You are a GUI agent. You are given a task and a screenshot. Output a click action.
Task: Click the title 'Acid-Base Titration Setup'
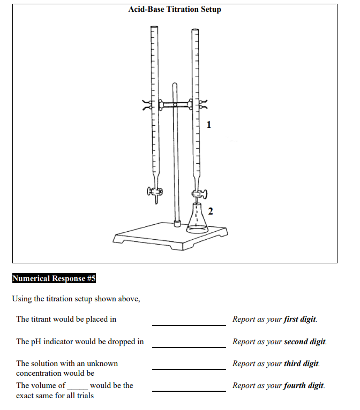tap(175, 9)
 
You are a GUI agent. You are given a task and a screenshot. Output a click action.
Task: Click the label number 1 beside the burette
tap(209, 125)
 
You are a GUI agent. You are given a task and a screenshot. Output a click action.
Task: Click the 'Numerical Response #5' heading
tap(54, 278)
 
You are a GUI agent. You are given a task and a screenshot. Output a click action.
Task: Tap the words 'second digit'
tap(304, 341)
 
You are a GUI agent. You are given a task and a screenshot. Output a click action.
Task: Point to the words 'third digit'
tap(301, 363)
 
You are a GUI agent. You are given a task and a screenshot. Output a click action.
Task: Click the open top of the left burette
tap(154, 26)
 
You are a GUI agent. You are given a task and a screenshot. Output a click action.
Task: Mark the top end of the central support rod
tap(175, 84)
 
